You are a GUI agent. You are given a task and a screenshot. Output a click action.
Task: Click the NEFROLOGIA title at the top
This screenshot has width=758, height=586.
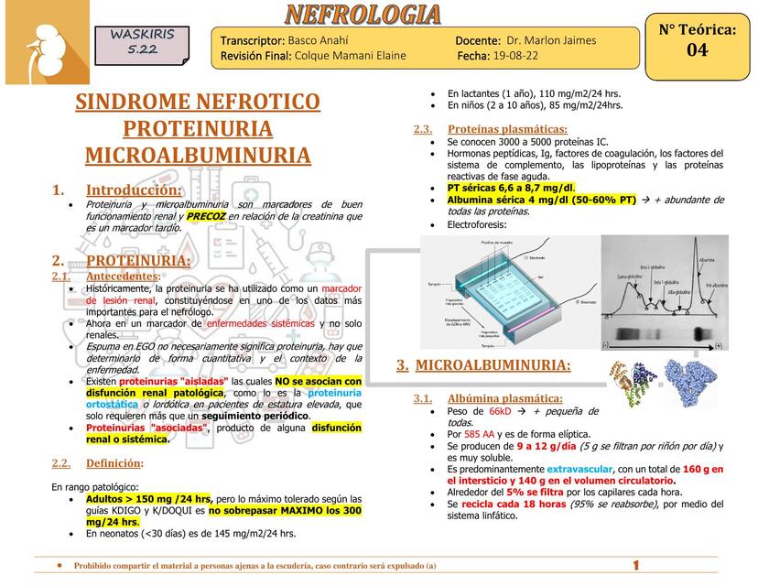click(x=363, y=14)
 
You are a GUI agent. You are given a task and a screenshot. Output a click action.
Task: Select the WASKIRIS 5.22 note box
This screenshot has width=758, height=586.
click(x=142, y=42)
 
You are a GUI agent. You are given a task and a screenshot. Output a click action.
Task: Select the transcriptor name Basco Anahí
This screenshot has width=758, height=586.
click(x=318, y=40)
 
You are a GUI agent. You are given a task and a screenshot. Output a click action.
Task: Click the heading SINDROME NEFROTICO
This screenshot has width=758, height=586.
click(x=198, y=102)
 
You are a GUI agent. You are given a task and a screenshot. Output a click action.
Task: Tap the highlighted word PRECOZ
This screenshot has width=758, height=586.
click(x=207, y=216)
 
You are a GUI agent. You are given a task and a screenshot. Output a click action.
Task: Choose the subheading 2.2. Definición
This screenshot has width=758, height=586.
click(x=114, y=462)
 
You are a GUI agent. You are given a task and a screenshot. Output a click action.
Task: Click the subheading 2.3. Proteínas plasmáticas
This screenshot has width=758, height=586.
click(x=507, y=129)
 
